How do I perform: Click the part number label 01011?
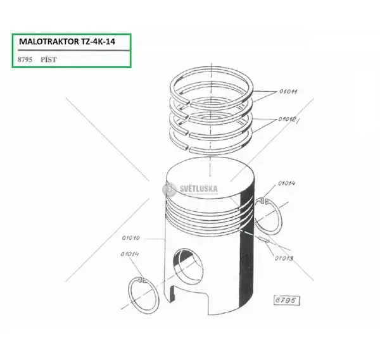(288, 92)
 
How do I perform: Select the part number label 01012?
(287, 119)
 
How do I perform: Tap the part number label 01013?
(284, 258)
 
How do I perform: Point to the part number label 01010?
(131, 238)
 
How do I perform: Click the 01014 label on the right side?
(287, 183)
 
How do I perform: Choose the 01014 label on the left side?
(130, 254)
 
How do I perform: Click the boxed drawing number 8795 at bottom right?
(286, 301)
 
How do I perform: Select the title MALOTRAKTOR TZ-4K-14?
(67, 42)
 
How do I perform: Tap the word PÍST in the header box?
(49, 59)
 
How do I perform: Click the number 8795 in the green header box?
(25, 59)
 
